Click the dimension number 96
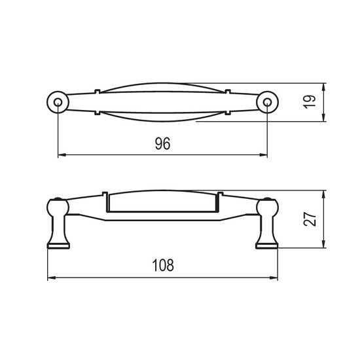162,143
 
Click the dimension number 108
163,265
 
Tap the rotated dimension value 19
310,102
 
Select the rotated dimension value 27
310,219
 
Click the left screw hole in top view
58,102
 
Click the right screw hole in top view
267,102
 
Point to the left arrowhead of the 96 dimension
62,155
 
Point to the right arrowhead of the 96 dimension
263,155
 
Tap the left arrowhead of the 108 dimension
52,278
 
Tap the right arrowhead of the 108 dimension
274,278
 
